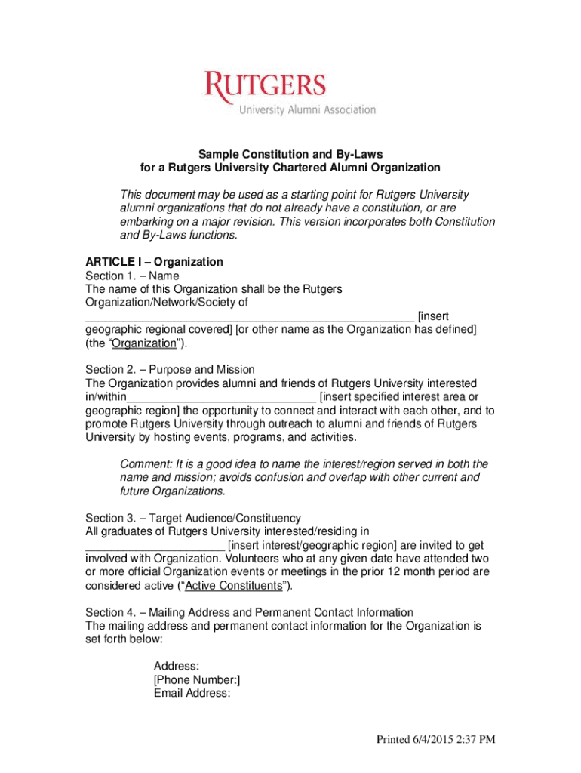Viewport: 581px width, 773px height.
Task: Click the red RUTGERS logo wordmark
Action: click(x=265, y=86)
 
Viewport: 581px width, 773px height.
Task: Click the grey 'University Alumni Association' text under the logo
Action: click(x=307, y=110)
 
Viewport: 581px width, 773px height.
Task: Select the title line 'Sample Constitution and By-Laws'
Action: click(x=290, y=154)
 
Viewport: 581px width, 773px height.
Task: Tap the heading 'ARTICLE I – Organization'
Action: click(x=154, y=262)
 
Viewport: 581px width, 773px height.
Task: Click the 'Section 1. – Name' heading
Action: click(x=132, y=276)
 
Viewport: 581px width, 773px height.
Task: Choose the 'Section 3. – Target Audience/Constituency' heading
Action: click(x=193, y=518)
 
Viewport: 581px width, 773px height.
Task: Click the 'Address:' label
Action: click(x=177, y=666)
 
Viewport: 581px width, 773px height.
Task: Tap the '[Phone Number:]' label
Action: click(x=197, y=679)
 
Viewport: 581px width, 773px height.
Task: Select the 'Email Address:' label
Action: click(x=192, y=693)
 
